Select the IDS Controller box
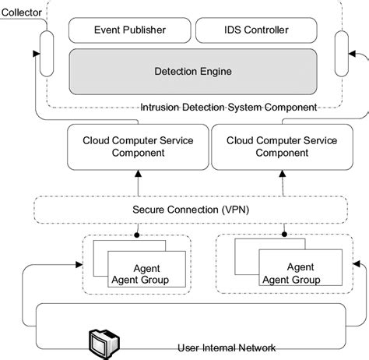pos(251,30)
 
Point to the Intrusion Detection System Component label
pos(229,107)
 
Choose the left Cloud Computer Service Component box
pos(138,146)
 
